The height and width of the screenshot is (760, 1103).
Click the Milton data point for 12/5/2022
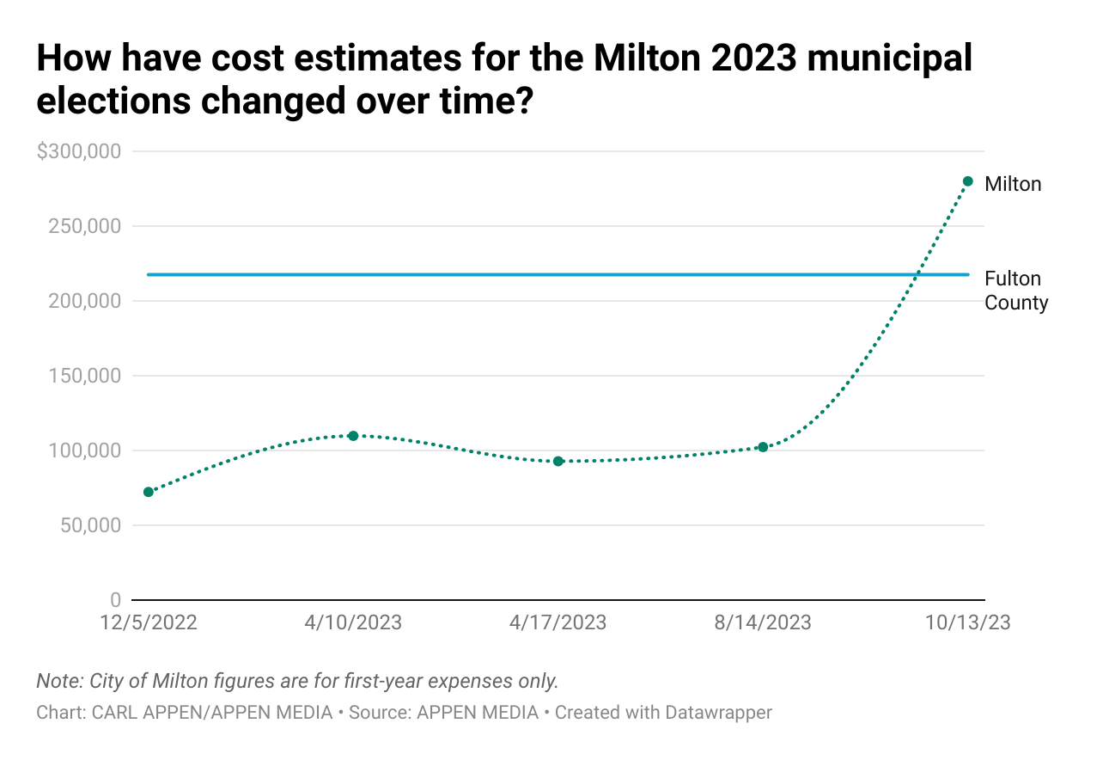[149, 492]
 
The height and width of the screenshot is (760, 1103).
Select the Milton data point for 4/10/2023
[353, 435]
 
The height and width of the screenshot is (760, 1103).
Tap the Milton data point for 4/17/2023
[558, 461]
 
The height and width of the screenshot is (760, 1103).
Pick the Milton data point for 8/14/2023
[763, 447]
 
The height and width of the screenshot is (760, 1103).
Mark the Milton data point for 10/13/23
[967, 181]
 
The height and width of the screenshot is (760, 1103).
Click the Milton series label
[1013, 184]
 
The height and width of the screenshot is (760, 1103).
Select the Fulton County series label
[1015, 291]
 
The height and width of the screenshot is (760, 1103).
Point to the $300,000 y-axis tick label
[78, 151]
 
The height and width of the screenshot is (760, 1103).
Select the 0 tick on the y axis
[115, 600]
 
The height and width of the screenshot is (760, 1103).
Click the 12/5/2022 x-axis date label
[149, 622]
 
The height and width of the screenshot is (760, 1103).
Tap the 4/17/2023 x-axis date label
[558, 622]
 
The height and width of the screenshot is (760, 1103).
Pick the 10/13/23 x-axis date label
[968, 622]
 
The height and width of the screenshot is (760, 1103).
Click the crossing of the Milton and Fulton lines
[917, 275]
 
